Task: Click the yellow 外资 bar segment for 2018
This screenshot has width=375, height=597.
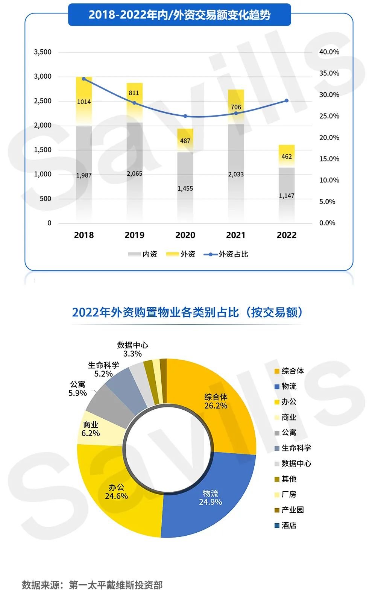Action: tap(84, 102)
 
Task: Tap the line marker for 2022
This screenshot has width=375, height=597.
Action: tap(287, 101)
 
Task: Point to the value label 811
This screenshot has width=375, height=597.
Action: tap(134, 93)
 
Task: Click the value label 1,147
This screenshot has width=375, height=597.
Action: tap(287, 196)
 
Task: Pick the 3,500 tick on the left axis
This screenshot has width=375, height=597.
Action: tap(43, 52)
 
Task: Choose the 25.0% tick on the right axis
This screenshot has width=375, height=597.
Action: tap(329, 116)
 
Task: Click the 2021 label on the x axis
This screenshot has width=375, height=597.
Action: tap(236, 235)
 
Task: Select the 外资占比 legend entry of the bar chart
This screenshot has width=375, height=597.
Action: tap(226, 254)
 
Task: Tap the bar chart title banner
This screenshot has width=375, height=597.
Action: tap(179, 15)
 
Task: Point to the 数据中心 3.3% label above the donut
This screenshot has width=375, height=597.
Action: tap(132, 349)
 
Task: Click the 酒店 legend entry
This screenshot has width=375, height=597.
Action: tap(285, 525)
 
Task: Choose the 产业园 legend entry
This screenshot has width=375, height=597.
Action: tap(289, 510)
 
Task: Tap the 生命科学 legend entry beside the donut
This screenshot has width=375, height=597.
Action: tap(293, 448)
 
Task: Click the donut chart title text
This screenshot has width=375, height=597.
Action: tap(187, 312)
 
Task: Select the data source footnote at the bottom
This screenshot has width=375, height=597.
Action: tap(92, 585)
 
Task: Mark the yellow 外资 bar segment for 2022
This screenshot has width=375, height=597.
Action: tap(287, 156)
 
